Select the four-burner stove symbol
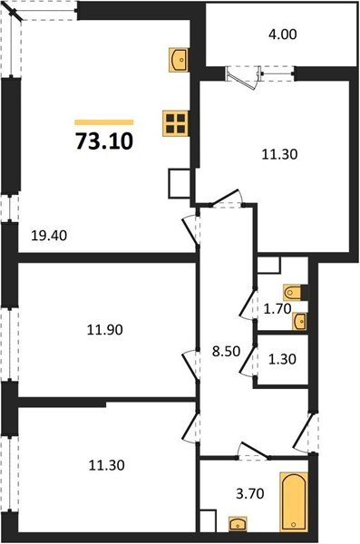[x=175, y=122]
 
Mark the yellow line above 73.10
[x=103, y=121]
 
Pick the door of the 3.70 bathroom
[x=249, y=451]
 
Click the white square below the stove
[x=179, y=185]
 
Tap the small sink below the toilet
[x=300, y=320]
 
